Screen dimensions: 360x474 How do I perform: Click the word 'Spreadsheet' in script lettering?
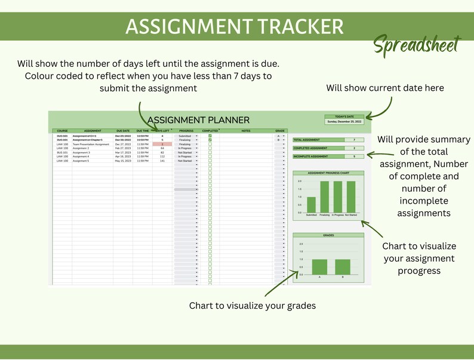point(417,45)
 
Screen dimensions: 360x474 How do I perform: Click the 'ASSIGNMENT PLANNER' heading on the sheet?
point(198,120)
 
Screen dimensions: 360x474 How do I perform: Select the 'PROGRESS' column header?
point(186,130)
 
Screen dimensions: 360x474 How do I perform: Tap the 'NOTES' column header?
point(246,130)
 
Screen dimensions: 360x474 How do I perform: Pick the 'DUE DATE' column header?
point(123,130)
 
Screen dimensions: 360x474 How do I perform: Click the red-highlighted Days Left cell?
point(162,144)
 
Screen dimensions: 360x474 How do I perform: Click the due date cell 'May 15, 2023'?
point(123,161)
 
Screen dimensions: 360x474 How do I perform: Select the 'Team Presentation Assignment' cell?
point(91,144)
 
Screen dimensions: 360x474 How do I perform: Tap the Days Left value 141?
point(162,161)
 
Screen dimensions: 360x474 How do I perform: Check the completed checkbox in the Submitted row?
point(210,136)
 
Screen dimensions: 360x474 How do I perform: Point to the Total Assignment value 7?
point(354,139)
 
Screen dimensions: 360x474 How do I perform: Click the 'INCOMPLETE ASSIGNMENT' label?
point(310,156)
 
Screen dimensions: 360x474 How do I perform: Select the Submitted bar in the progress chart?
point(311,205)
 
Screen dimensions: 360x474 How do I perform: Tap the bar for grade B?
point(342,267)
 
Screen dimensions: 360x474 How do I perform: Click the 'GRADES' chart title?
point(328,235)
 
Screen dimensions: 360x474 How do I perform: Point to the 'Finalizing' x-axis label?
point(325,214)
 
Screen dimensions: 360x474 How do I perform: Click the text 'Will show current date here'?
point(385,88)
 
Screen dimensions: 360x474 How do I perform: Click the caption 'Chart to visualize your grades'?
point(253,306)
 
